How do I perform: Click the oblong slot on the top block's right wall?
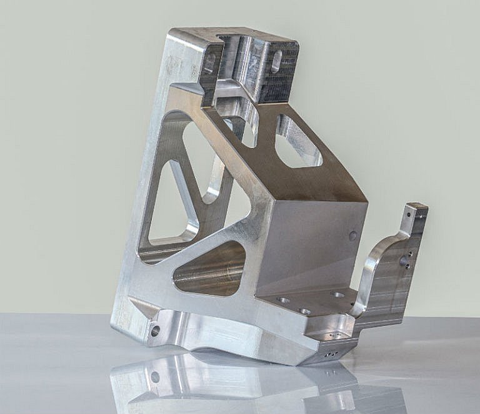coord(276,61)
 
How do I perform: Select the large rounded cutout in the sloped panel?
coord(297,142)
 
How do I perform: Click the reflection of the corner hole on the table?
coord(155,377)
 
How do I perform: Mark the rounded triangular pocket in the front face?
coord(209,269)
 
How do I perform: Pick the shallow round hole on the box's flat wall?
coord(353,235)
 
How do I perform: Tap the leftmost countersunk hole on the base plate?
coord(283,300)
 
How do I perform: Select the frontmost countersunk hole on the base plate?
coord(304,311)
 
